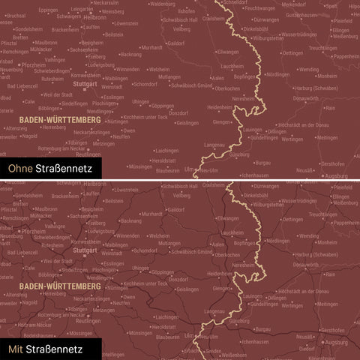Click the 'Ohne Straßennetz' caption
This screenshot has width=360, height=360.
coord(50,169)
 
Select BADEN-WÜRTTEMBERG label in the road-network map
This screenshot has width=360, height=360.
coord(50,286)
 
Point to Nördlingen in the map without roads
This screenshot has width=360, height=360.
coord(277,75)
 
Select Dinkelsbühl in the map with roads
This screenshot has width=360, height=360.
coord(258,196)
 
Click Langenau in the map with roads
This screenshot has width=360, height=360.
coord(214,311)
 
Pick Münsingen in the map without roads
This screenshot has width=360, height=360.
coord(140,166)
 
